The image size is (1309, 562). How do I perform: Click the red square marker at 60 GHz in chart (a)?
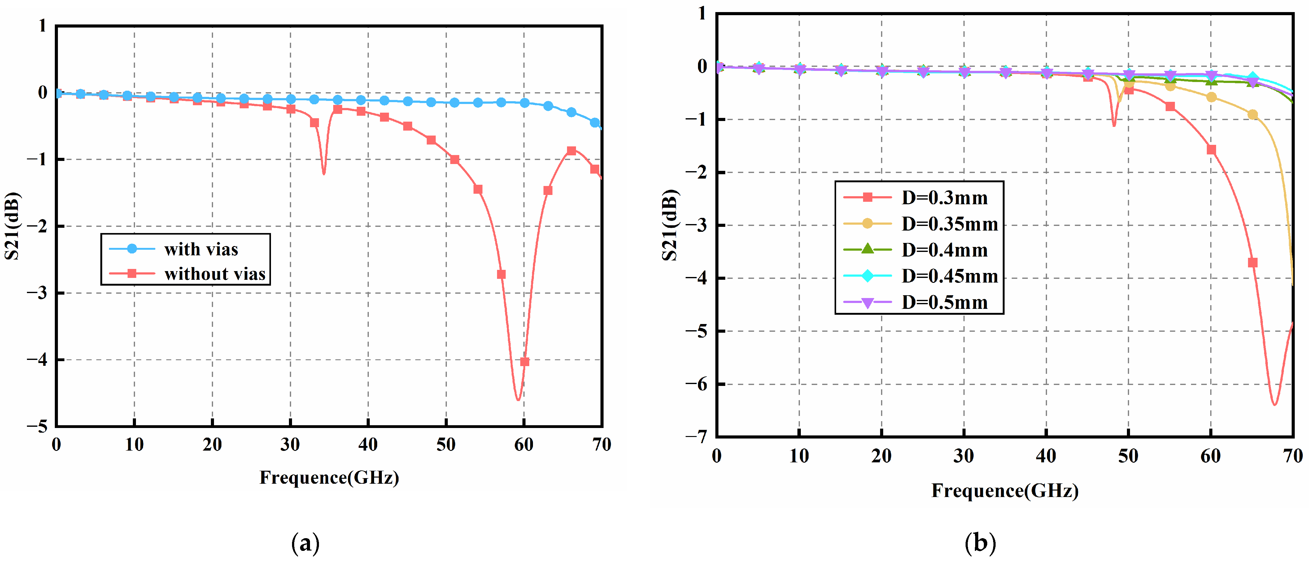(x=524, y=361)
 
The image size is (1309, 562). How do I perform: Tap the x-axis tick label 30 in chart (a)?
(x=290, y=445)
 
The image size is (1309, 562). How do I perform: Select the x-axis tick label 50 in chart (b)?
(x=1128, y=456)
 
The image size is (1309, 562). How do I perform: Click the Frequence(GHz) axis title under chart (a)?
(x=329, y=478)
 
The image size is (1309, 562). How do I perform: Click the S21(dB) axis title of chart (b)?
(x=670, y=225)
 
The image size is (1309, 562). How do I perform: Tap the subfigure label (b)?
(x=980, y=543)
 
